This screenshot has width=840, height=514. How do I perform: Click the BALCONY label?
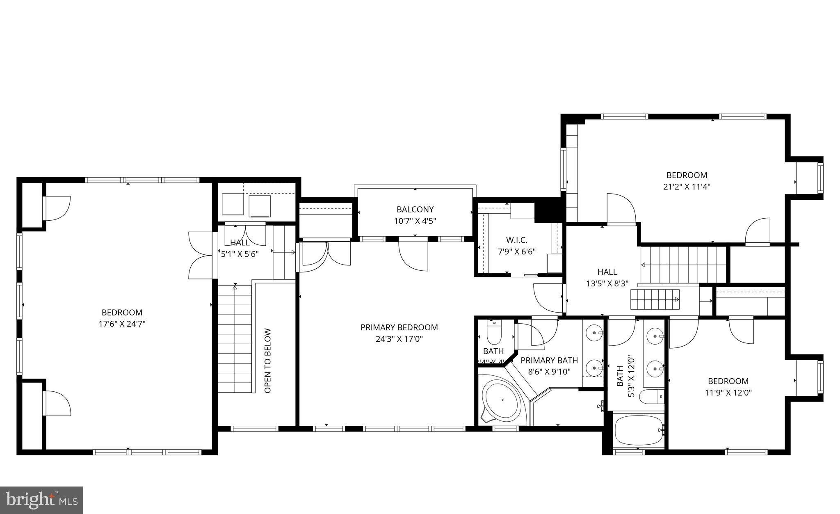coord(415,210)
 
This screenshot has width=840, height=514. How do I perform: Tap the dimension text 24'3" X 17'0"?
coord(399,339)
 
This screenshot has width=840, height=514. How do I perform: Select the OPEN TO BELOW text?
coord(268,361)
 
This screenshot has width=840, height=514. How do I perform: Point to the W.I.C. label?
coord(516,240)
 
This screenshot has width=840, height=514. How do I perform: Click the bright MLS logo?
coord(41,500)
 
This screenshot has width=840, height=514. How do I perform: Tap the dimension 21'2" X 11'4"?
coord(687,187)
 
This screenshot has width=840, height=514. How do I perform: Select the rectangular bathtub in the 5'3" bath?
coord(639,430)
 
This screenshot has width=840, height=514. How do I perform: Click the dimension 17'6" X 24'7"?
coord(122,324)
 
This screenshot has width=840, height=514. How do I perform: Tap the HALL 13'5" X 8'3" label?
coord(607,277)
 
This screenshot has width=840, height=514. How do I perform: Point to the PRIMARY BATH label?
coord(549,360)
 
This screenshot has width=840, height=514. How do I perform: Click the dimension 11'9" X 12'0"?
coord(728,393)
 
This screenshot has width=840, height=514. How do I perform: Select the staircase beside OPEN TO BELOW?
coord(234,339)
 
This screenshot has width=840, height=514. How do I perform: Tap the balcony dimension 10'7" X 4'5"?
coord(415,221)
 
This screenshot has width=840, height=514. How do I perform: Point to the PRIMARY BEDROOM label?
coord(399,327)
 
